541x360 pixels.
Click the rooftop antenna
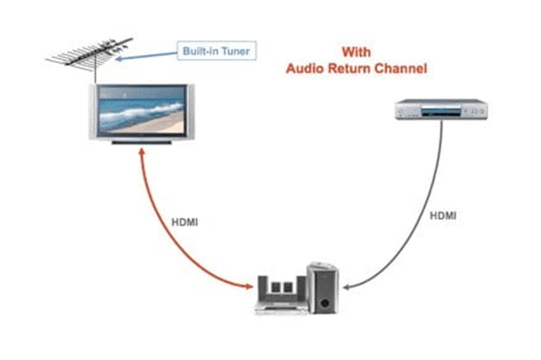pyautogui.click(x=90, y=54)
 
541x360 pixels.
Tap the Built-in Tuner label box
pyautogui.click(x=217, y=51)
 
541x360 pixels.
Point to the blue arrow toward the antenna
pyautogui.click(x=146, y=56)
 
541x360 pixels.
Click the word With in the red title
pyautogui.click(x=356, y=53)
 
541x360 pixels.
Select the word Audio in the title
pyautogui.click(x=305, y=68)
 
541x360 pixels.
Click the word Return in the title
pyautogui.click(x=349, y=68)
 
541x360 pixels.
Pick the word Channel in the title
pyautogui.click(x=401, y=68)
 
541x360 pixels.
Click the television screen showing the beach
pyautogui.click(x=142, y=110)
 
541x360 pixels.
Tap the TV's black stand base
pyautogui.click(x=142, y=142)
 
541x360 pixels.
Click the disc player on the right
pyautogui.click(x=441, y=109)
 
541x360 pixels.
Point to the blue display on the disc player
pyautogui.click(x=441, y=112)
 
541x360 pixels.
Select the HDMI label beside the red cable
pyautogui.click(x=185, y=222)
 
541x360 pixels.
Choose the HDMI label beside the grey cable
pyautogui.click(x=443, y=216)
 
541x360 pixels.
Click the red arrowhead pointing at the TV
pyautogui.click(x=141, y=152)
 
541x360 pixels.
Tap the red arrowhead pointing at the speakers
pyautogui.click(x=249, y=286)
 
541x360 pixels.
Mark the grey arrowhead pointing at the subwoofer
pyautogui.click(x=347, y=287)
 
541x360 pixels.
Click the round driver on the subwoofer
pyautogui.click(x=324, y=303)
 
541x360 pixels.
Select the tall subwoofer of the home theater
pyautogui.click(x=323, y=288)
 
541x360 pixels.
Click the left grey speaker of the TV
pyautogui.click(x=92, y=111)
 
